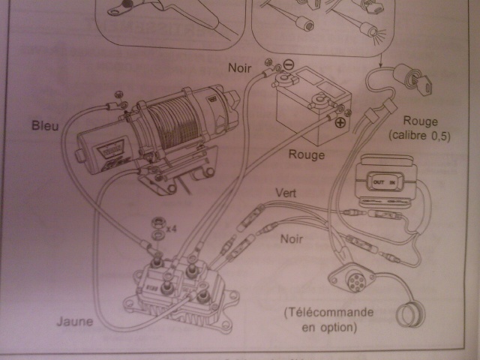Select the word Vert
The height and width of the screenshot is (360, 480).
click(285, 193)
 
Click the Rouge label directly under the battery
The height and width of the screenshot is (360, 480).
click(307, 155)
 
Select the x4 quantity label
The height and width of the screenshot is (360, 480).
click(172, 226)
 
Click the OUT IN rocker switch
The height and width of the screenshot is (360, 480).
click(388, 182)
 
